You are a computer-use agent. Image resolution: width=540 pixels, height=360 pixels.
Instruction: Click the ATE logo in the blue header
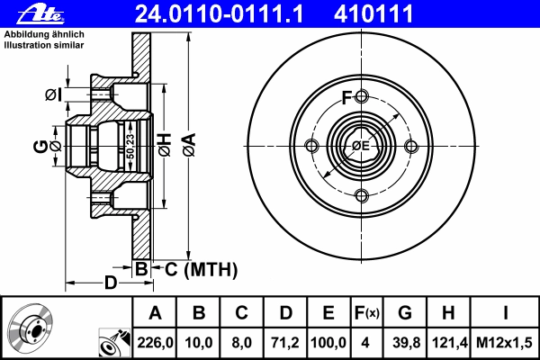point(40,14)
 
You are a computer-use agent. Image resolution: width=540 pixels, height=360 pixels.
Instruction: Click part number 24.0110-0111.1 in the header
point(219,14)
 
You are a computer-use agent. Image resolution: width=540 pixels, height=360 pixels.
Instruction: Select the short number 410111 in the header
point(373,14)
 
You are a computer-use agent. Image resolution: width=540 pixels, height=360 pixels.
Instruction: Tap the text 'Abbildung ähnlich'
point(44,34)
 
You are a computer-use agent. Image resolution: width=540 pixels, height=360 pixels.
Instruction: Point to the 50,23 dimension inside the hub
point(130,147)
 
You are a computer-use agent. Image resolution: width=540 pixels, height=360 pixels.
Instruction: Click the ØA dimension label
point(189,146)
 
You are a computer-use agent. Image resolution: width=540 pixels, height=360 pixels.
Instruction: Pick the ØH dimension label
point(165,145)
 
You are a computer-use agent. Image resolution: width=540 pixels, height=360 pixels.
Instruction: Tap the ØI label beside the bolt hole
point(54,94)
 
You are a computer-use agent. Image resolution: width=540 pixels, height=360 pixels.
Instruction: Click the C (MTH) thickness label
point(201,270)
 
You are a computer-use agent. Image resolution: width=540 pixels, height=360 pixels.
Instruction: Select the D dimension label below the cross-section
point(111,283)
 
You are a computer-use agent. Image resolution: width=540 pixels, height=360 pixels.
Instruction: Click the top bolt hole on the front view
point(361,96)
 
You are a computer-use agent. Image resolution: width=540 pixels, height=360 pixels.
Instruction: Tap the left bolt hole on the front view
point(312,146)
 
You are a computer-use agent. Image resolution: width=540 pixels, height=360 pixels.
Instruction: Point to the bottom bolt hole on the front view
point(361,195)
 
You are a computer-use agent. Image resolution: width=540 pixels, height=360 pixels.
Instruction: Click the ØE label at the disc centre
point(361,146)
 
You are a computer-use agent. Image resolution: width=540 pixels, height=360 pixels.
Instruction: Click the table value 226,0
point(155,343)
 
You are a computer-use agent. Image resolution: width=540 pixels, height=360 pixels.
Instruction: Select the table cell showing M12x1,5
point(504,343)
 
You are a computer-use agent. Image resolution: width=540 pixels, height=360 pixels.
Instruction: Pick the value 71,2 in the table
point(285,343)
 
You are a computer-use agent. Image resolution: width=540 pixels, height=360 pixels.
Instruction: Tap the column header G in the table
point(405,313)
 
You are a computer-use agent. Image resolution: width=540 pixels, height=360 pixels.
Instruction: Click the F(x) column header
point(367,313)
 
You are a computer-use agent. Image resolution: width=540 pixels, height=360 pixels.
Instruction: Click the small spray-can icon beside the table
point(114,343)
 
